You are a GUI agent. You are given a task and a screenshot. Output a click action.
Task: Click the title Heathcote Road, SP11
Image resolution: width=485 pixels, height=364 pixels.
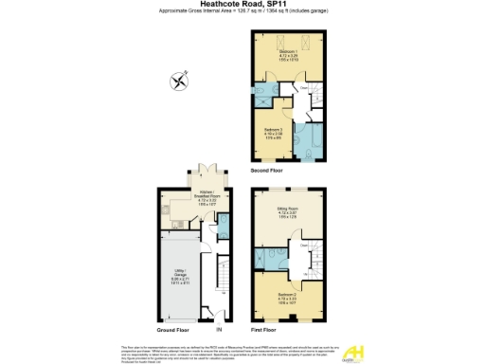[242, 5]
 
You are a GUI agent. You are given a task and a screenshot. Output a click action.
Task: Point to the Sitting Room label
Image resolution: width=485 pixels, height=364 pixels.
[288, 215]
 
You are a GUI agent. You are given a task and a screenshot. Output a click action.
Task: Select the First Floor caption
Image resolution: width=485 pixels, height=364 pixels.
[264, 330]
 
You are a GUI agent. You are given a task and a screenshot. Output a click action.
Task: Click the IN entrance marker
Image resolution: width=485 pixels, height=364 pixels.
[218, 330]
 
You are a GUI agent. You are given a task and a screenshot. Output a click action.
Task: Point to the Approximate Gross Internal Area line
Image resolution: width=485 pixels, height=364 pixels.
[242, 14]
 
